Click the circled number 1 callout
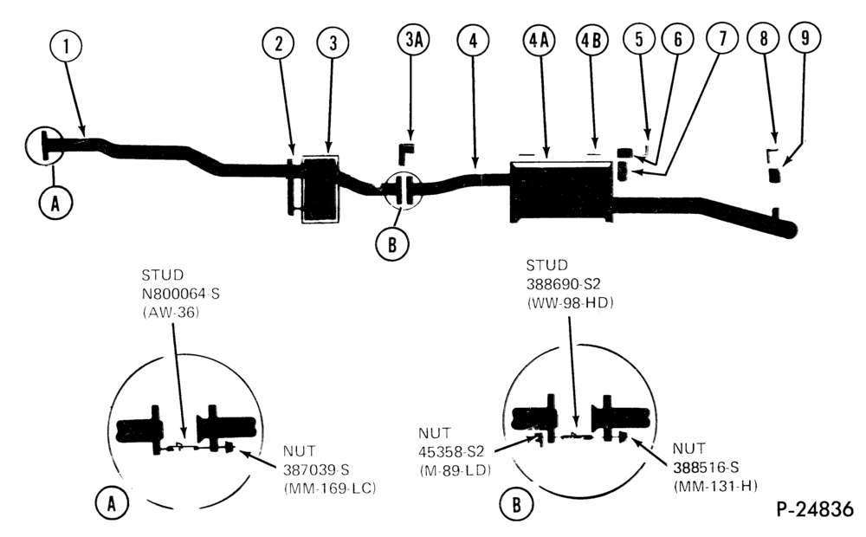coord(66,47)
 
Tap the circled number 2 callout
coord(278,43)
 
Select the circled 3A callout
coord(414,40)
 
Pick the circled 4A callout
coord(539,41)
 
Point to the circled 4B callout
coord(592,41)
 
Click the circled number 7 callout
coord(722,38)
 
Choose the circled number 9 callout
coord(805,37)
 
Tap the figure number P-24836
coord(815,508)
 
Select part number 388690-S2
coord(564,284)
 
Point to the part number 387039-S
coord(316,469)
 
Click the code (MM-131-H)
coord(714,486)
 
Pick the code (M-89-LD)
coord(455,470)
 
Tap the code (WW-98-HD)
coord(570,303)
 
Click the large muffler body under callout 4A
coord(561,191)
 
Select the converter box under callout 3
coord(320,190)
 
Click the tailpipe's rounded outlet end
coord(789,230)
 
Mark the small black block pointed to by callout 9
coord(775,175)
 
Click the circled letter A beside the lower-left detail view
coord(112,503)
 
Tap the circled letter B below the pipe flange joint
coord(391,243)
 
